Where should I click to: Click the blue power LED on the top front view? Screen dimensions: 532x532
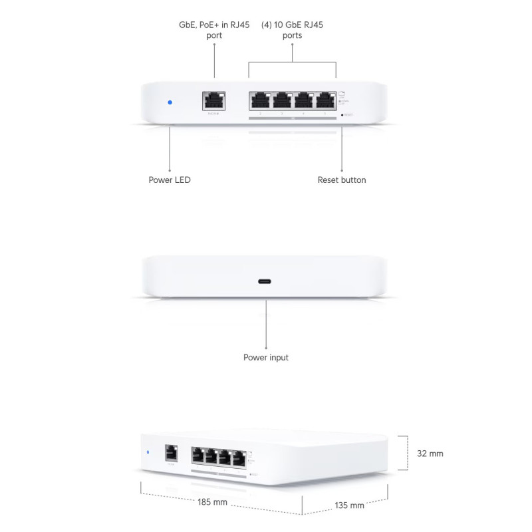170,102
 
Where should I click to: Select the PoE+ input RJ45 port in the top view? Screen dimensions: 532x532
213,102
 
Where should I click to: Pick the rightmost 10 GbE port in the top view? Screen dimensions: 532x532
325,101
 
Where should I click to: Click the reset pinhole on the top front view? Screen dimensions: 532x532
342,115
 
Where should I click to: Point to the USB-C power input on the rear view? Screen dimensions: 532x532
266,281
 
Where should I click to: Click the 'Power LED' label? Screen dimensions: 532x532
170,180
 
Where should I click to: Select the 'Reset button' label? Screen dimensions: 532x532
342,180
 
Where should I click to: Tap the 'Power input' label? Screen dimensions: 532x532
266,358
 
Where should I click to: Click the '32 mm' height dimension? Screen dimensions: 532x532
430,454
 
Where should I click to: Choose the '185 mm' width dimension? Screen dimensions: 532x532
213,502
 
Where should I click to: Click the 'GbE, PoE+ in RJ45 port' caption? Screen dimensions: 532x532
214,30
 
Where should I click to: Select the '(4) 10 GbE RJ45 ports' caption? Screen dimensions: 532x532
293,30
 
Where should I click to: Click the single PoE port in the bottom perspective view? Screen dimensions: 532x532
170,453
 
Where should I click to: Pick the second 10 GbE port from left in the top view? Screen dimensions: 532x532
282,101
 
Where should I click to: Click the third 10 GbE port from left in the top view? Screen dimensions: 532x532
303,101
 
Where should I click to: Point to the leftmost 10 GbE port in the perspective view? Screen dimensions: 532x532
198,456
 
